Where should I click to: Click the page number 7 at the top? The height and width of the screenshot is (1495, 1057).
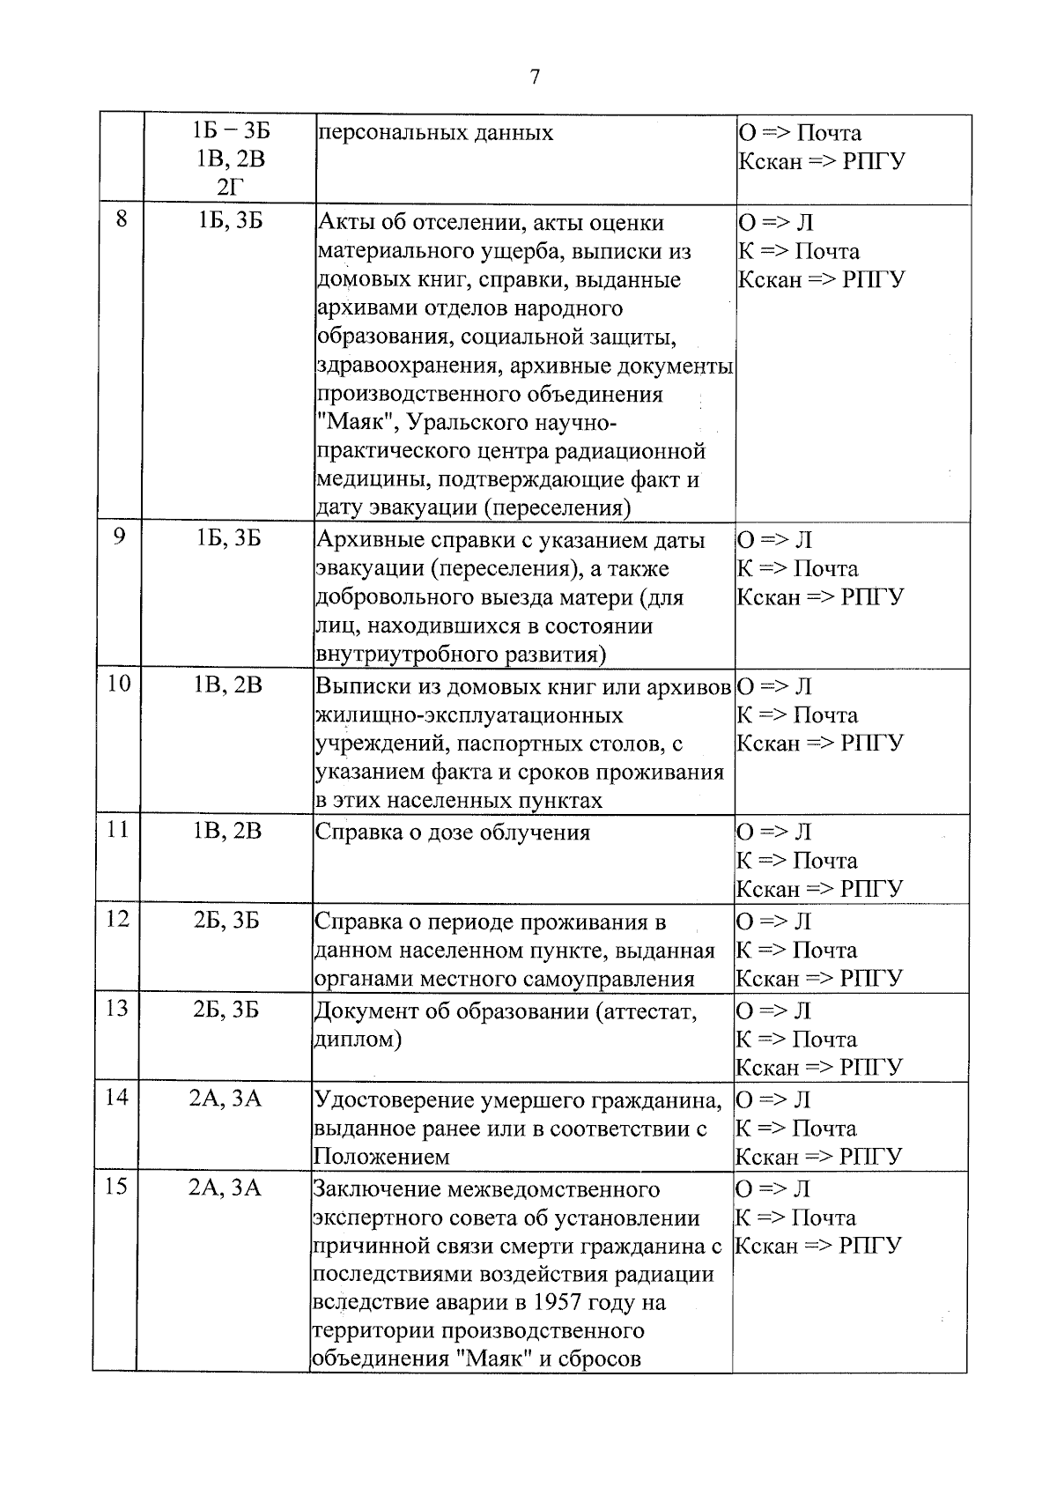tap(534, 78)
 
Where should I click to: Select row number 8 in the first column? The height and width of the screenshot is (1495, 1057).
tap(121, 220)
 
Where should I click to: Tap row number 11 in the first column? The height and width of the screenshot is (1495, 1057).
tap(118, 830)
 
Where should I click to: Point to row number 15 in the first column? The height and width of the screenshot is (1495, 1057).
tap(117, 1188)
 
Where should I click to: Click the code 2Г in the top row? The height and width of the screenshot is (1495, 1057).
tap(229, 189)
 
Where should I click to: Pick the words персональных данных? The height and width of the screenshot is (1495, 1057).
tap(435, 133)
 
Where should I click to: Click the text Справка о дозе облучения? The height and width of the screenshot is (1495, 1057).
tap(452, 833)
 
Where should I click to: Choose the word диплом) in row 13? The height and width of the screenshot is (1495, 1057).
tap(358, 1040)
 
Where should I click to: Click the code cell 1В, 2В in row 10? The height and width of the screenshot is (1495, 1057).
tap(228, 685)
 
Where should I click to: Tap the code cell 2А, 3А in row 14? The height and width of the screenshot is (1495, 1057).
tap(226, 1099)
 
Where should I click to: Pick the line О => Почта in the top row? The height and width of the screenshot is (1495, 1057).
tap(800, 133)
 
